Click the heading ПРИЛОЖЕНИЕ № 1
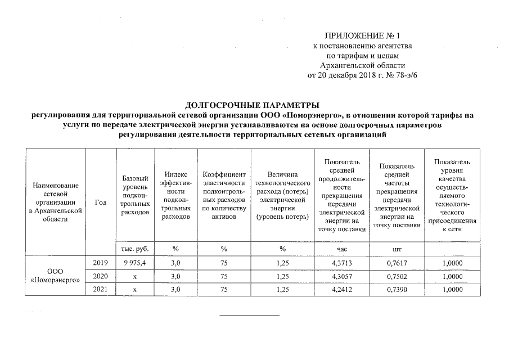tap(365, 35)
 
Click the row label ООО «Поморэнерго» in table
tap(55, 276)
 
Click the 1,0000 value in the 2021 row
tap(452, 290)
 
